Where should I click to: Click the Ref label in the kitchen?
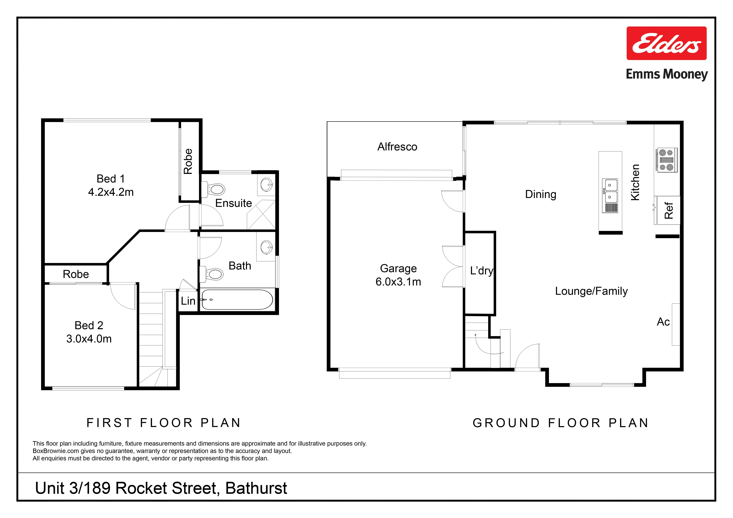click(x=669, y=211)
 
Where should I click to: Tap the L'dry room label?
click(x=481, y=271)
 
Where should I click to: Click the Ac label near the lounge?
click(x=663, y=322)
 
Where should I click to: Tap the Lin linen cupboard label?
click(x=188, y=301)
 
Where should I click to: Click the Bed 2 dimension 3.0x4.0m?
click(x=89, y=339)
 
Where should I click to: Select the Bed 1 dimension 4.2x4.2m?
click(x=111, y=192)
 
